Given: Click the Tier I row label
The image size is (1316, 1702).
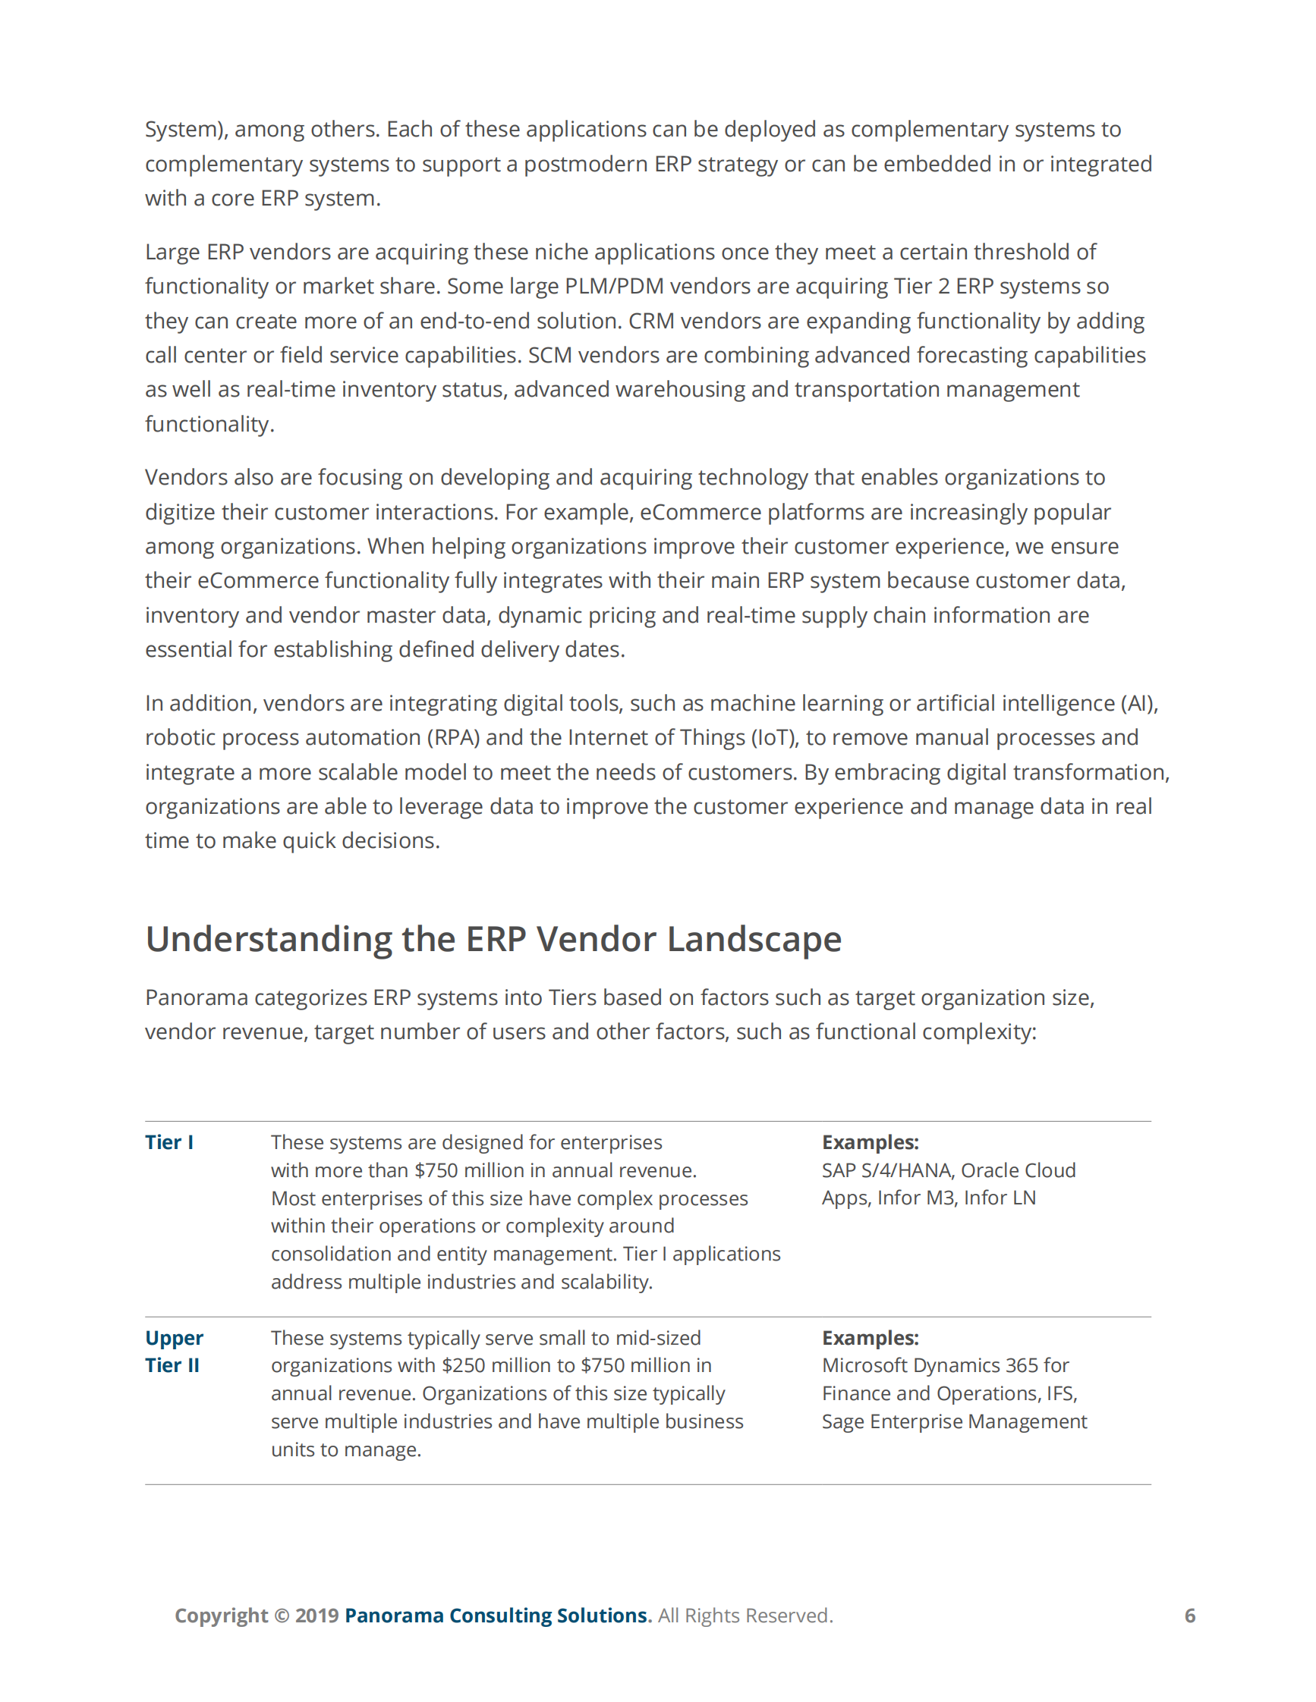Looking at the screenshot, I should (x=169, y=1142).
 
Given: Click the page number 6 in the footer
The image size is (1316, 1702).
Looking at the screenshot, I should (x=1190, y=1616).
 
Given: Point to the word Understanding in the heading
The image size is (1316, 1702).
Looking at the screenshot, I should (x=268, y=939).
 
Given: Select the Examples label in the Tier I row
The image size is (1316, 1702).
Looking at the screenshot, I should (x=870, y=1142).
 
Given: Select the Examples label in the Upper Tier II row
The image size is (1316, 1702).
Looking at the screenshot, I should (x=870, y=1338).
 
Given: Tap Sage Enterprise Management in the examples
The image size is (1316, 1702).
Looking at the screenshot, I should (x=953, y=1421).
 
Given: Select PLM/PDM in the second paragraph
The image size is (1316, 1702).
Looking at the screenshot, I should (x=614, y=286).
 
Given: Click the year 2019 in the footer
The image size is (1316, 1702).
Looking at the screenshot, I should (x=316, y=1616).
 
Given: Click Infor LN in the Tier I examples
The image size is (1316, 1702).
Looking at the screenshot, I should (x=1000, y=1198).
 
